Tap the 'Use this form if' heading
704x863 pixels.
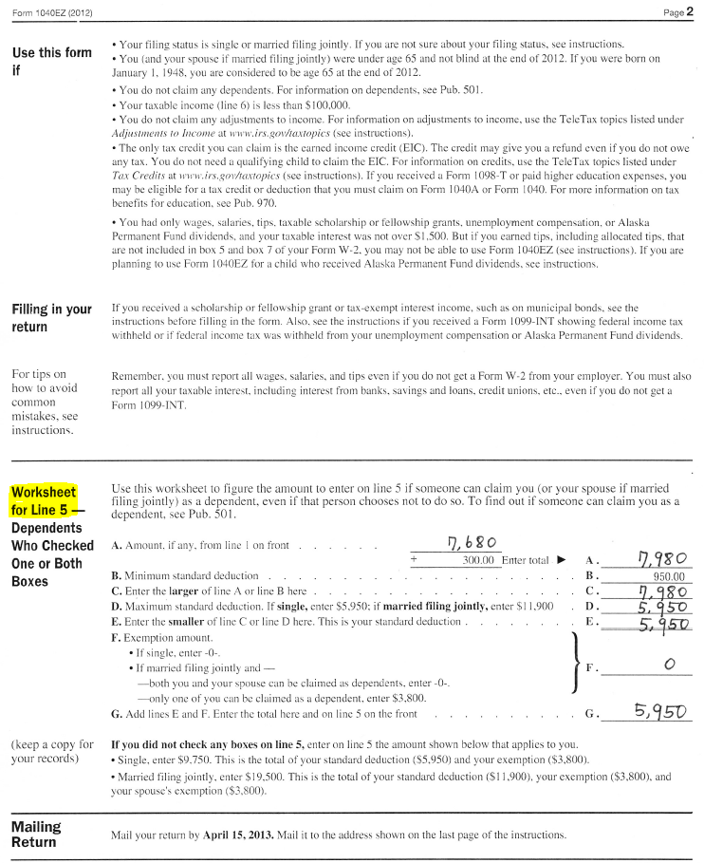tap(50, 61)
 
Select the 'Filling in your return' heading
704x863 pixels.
tap(50, 318)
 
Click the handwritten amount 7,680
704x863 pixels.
tap(471, 543)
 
